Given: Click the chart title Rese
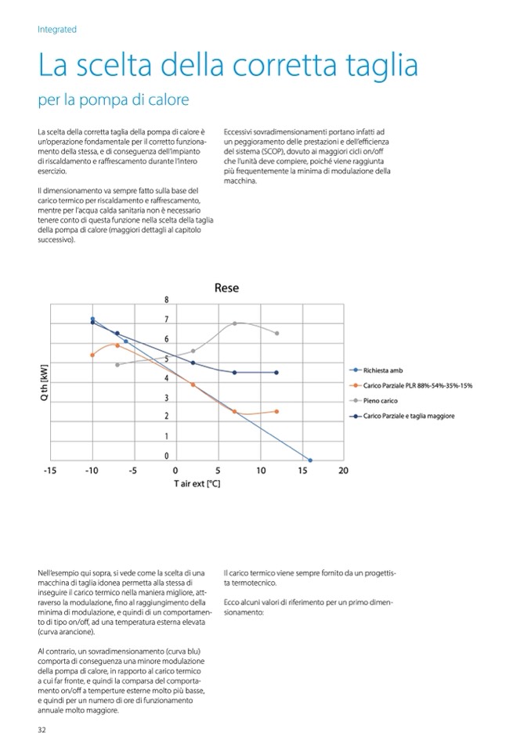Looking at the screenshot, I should [x=226, y=288].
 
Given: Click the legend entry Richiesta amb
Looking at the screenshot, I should [x=382, y=370].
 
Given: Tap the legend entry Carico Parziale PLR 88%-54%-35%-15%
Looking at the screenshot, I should [x=417, y=385].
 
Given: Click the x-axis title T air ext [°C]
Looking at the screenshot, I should [x=197, y=484].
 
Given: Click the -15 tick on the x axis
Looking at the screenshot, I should [x=49, y=471].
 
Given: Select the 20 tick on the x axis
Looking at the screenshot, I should [x=343, y=471].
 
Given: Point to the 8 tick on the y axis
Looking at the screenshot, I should [x=166, y=300].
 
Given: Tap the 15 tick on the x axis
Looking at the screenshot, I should [x=302, y=471].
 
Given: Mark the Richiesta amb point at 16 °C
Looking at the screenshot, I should [x=310, y=460].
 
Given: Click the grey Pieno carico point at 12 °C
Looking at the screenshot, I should [x=277, y=333].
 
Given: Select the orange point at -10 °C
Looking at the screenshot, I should [x=92, y=355].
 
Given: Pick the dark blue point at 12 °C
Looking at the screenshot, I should [x=277, y=372].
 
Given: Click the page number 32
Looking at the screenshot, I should [x=42, y=731].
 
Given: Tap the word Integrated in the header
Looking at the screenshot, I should [x=57, y=29].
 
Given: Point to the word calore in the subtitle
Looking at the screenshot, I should [x=167, y=102].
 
